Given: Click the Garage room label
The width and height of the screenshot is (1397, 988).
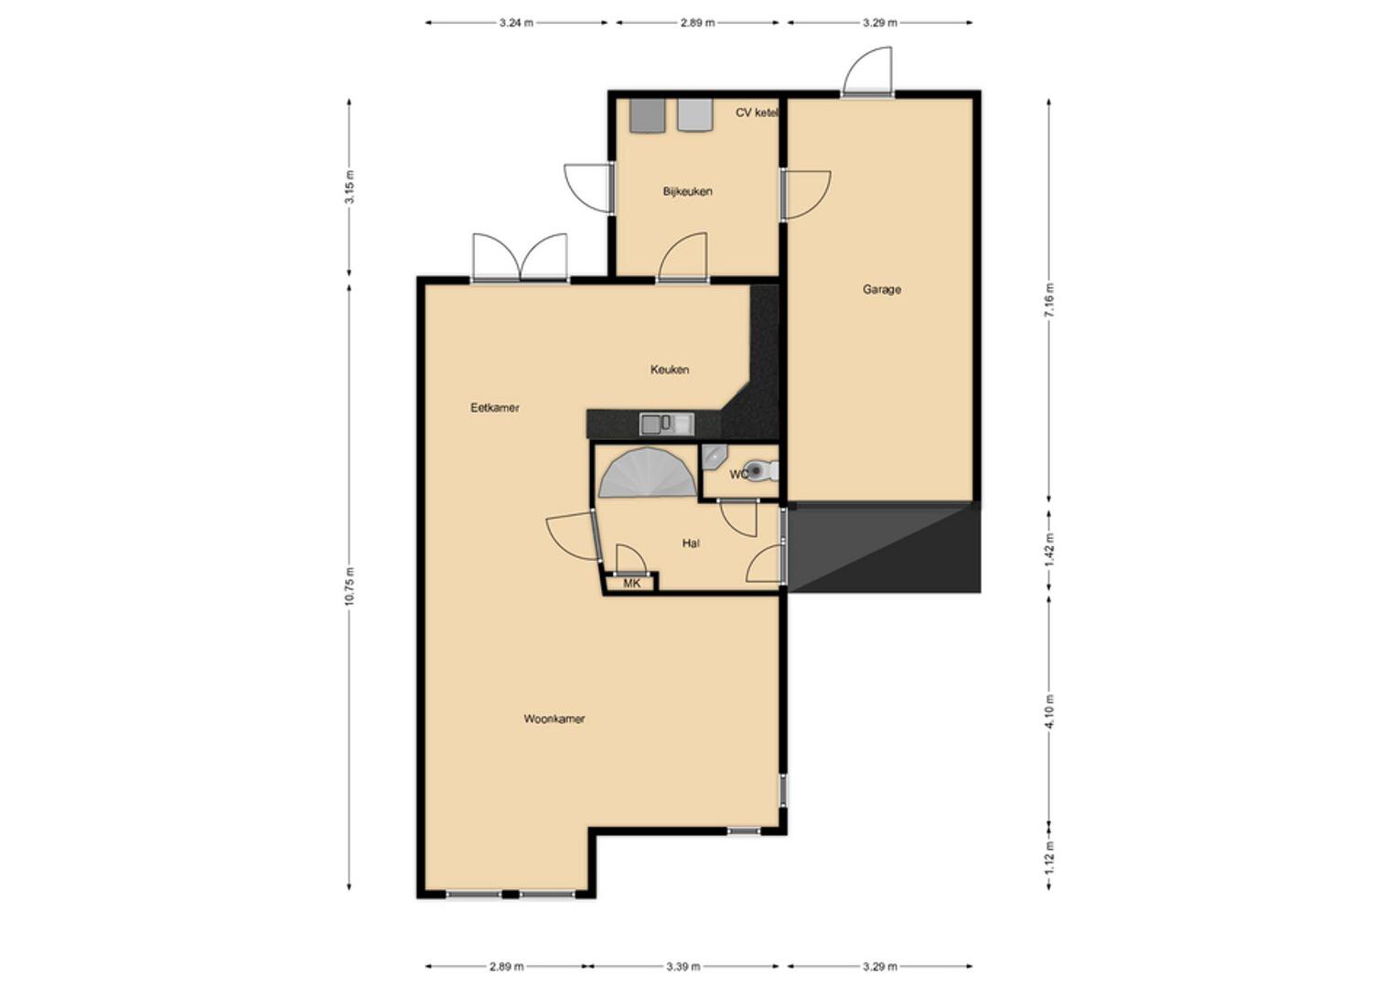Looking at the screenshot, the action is pos(881,289).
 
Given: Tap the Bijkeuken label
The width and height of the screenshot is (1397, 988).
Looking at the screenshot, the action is pos(687,191).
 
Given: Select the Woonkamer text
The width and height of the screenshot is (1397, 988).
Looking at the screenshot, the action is pos(553,718).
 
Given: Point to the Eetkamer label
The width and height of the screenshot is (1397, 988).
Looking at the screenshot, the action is pos(495,408).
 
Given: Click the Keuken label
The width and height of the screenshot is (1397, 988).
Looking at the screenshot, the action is pos(669,370).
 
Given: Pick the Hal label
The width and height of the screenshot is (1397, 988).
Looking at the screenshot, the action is pos(691,543).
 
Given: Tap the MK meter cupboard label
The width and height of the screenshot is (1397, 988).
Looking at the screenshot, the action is pos(632,584).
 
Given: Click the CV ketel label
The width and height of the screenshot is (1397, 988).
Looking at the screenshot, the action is pos(758,113).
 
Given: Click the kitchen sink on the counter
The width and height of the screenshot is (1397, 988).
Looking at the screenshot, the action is pos(667,424).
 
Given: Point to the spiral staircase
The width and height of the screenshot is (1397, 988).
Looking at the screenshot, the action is pos(648,472).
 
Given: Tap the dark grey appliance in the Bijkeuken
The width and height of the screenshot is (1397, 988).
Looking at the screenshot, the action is pos(647,115).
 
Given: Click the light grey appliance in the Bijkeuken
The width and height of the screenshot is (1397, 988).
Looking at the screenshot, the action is pos(695,114).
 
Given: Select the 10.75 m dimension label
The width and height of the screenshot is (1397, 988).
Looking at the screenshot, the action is pos(349,585).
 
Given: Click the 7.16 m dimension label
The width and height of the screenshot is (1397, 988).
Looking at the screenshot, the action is pos(1049,300).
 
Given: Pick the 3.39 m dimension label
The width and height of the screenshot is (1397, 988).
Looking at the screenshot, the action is pos(682,967).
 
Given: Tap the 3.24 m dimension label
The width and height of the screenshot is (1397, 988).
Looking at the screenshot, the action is pos(516,23).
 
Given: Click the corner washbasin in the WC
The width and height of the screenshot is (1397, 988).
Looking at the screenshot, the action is pos(713,456).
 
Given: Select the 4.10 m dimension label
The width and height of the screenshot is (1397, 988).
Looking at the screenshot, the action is pos(1049,711).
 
